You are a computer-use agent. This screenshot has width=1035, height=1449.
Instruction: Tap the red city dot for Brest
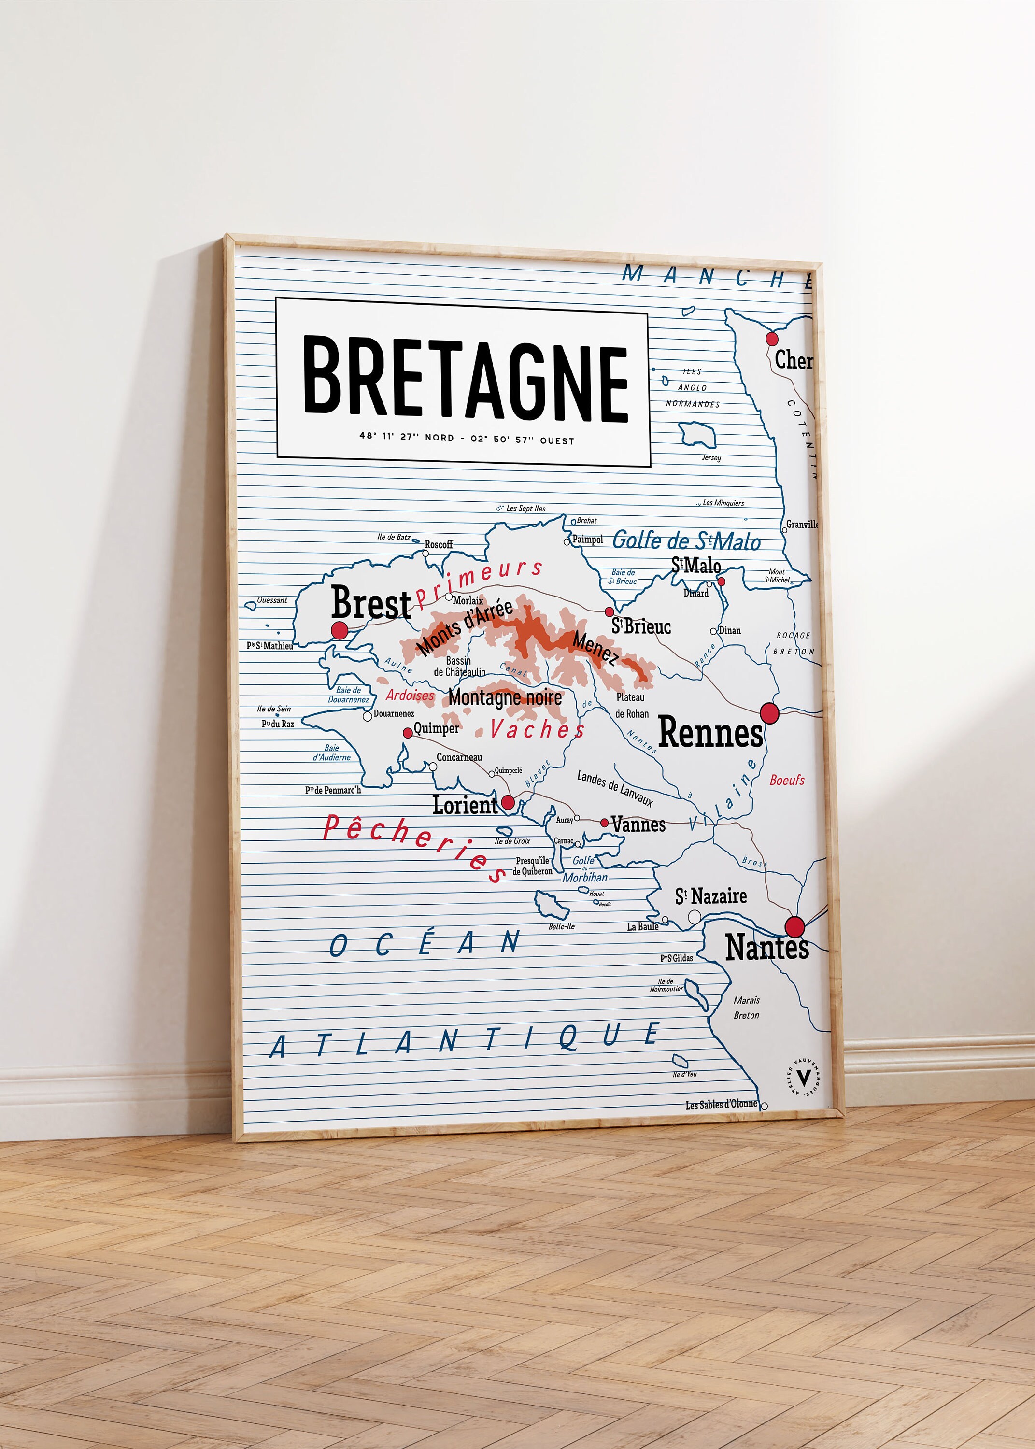click(x=340, y=631)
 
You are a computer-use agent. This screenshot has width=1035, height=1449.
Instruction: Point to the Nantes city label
click(x=766, y=948)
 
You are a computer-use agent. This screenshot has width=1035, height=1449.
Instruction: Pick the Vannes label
click(x=638, y=824)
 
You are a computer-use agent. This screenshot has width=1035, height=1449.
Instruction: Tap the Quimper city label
click(x=437, y=728)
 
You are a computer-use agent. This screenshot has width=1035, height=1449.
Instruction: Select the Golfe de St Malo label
click(x=686, y=541)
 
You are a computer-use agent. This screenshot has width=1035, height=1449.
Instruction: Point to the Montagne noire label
click(x=505, y=698)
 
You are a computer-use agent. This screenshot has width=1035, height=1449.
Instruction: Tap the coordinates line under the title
click(x=467, y=439)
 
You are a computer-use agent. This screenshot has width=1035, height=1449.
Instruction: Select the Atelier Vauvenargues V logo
click(x=804, y=1078)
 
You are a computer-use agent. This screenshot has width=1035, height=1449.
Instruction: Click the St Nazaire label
click(x=710, y=896)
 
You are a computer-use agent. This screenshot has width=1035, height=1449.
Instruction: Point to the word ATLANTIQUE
click(x=465, y=1040)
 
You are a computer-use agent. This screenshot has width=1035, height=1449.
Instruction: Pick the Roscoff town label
click(x=439, y=544)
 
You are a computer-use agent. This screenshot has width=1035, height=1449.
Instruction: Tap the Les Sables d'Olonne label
click(x=722, y=1104)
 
